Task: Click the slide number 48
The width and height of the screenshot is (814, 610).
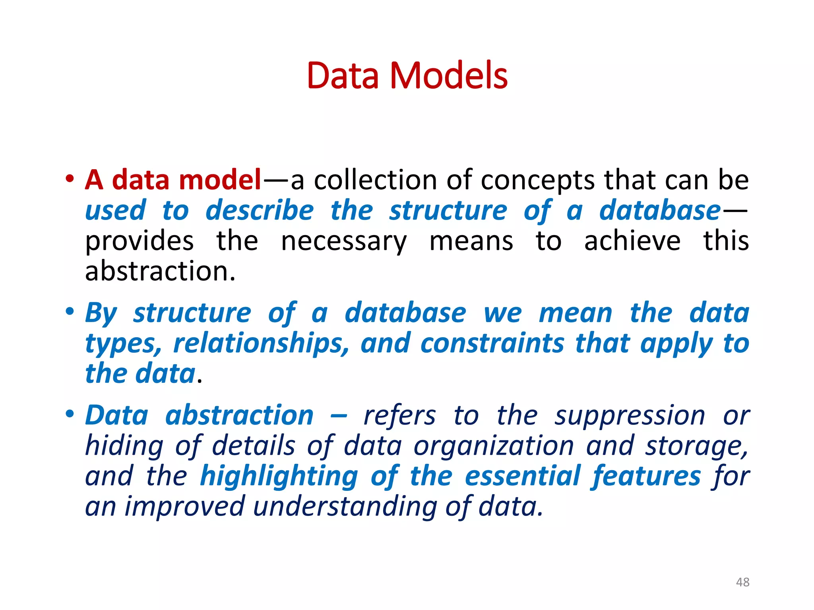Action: click(x=742, y=582)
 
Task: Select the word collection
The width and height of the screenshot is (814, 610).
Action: click(x=376, y=180)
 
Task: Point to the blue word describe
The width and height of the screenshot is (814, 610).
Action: click(x=260, y=210)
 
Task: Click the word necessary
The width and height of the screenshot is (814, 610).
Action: click(x=344, y=241)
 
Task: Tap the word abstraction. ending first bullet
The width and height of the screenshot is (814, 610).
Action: click(x=161, y=272)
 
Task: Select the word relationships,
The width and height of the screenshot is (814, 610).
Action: click(x=261, y=344)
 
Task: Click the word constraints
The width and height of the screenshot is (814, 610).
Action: click(x=492, y=344)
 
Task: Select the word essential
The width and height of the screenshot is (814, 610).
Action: click(x=523, y=476)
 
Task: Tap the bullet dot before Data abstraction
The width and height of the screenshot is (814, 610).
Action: click(x=70, y=414)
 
